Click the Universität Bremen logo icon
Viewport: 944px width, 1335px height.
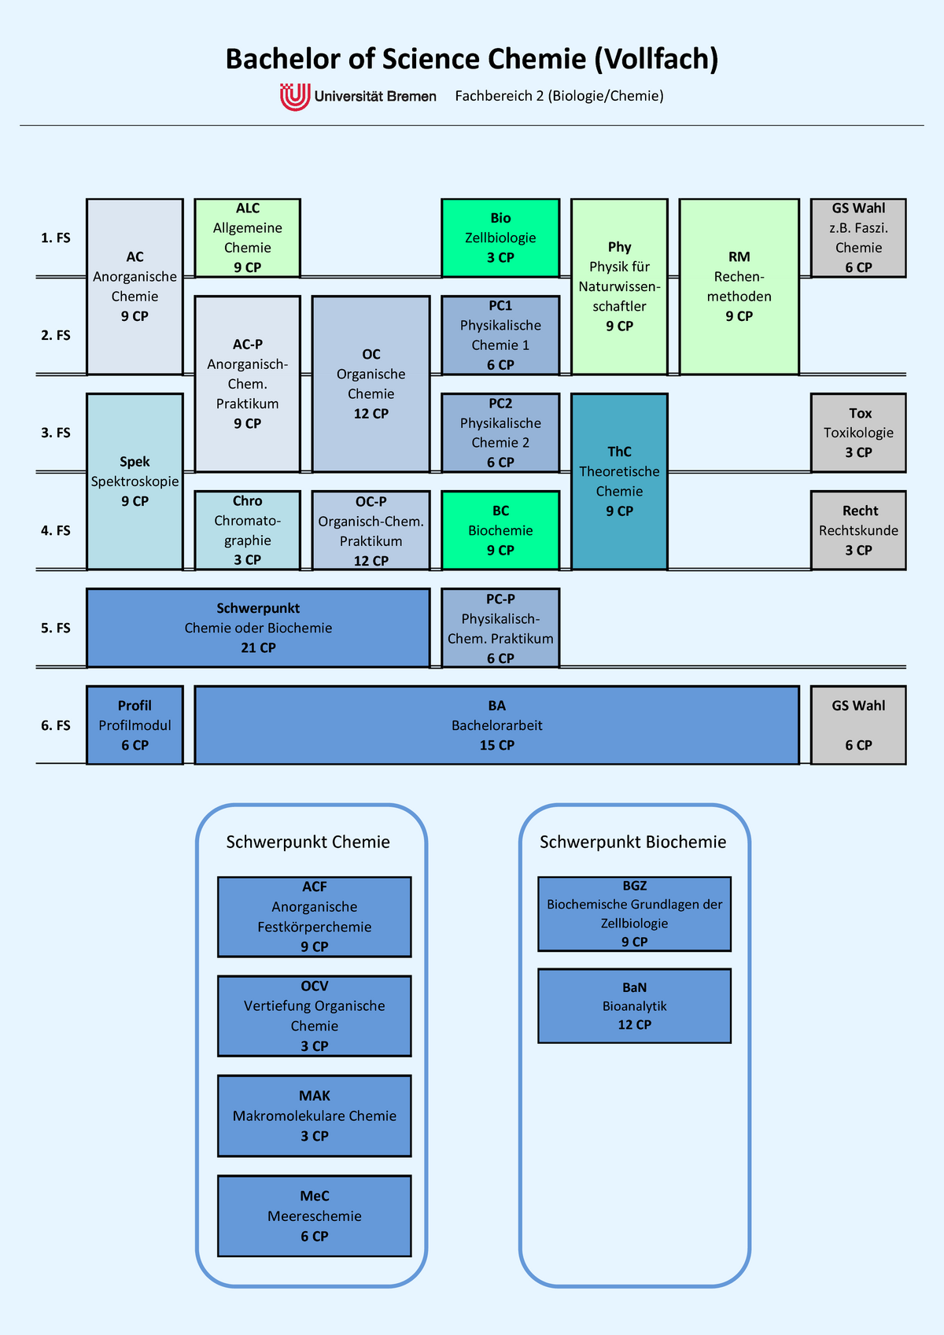coord(295,97)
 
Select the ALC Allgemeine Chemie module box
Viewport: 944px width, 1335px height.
coord(247,238)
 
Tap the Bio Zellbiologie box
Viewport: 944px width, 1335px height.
coord(500,238)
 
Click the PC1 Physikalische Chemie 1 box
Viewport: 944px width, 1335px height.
coord(500,335)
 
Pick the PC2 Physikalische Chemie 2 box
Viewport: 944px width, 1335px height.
coord(500,433)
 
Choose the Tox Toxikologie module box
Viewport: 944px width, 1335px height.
coord(858,433)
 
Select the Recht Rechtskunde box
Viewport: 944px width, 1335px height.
coord(858,530)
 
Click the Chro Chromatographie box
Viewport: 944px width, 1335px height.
coord(247,530)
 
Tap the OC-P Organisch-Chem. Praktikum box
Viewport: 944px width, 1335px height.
coord(371,530)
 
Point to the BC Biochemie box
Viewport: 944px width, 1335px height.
coord(500,530)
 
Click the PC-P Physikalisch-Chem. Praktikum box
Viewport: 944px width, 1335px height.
coord(500,628)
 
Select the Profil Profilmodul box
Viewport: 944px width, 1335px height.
coord(135,725)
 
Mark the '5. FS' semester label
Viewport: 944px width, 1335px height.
coord(56,628)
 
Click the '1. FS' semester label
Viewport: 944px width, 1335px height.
coord(56,238)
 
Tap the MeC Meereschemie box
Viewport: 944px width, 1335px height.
coord(314,1215)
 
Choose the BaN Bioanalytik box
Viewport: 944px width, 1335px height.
coord(634,1005)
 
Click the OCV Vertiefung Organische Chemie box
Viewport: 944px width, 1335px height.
coord(314,1016)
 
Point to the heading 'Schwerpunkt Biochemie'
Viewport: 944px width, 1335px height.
coord(633,842)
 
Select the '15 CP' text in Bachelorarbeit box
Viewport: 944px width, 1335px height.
coord(497,745)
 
